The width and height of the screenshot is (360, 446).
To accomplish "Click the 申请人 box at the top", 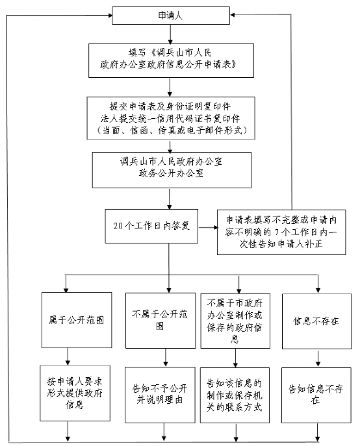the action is (171, 16).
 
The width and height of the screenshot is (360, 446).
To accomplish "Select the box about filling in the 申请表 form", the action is (171, 60).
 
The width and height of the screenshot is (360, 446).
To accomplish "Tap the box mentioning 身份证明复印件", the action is (171, 118).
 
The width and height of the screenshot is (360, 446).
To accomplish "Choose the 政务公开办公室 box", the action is (172, 170).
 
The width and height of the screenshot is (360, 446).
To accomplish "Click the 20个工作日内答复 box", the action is (151, 226).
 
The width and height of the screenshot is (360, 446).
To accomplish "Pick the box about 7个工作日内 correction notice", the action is (281, 232).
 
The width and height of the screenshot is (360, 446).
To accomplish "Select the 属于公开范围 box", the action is (77, 320).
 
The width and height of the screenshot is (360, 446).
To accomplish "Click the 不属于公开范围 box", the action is (161, 321).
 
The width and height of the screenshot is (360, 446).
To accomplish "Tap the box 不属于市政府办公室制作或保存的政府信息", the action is (235, 321).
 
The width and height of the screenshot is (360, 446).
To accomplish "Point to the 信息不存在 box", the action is (316, 321).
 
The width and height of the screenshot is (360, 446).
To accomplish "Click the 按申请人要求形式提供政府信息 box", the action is (75, 393).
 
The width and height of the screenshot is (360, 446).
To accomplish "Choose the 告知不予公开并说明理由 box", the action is (160, 395).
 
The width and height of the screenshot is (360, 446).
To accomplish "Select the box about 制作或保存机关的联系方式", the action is (235, 395).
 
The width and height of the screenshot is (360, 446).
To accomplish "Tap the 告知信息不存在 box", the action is (316, 395).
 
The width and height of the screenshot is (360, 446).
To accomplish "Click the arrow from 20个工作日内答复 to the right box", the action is (208, 227).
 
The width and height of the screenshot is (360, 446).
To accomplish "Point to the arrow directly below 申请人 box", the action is (170, 34).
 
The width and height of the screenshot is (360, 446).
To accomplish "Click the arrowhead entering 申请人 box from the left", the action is (110, 16).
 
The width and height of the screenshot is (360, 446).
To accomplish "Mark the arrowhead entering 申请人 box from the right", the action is (232, 15).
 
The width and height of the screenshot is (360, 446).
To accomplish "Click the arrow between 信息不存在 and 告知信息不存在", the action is (318, 358).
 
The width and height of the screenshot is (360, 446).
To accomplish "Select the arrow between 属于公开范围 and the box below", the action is (68, 356).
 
